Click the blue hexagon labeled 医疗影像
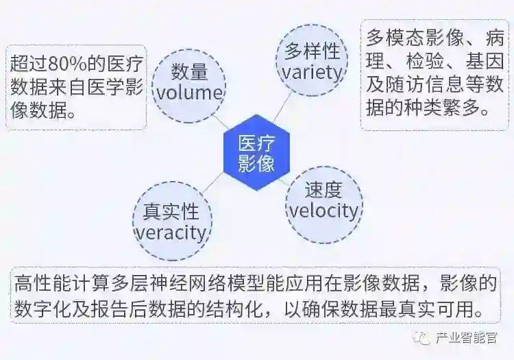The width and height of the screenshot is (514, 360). [257, 153]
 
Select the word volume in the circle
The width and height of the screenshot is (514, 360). [188, 93]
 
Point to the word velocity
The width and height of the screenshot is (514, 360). [323, 210]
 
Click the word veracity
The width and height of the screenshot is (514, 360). [171, 232]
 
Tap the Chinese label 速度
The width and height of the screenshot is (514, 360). [323, 189]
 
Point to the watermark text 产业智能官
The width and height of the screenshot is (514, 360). [467, 338]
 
